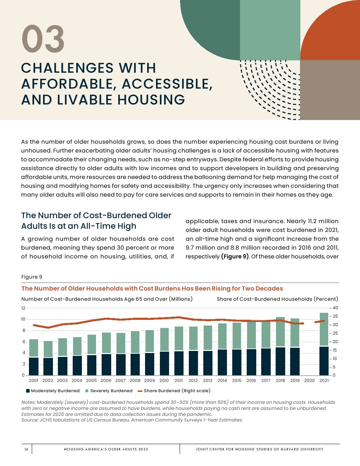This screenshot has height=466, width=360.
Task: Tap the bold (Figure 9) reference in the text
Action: (235, 256)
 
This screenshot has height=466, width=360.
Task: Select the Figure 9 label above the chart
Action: (31, 277)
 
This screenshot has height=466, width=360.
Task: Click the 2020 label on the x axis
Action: (309, 381)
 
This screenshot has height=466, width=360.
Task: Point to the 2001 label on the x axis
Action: (34, 381)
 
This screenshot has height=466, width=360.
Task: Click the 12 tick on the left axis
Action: (23, 308)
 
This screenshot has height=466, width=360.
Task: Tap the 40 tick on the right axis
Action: (335, 308)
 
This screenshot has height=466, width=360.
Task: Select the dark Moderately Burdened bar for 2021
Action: (324, 361)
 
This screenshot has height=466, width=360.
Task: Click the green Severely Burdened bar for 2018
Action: (280, 332)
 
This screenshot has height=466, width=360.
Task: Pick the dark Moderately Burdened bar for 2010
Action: (164, 363)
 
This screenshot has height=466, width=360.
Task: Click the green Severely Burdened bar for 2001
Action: (34, 348)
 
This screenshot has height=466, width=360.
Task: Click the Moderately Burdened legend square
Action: (28, 391)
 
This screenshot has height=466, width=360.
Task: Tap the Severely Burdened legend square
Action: (87, 391)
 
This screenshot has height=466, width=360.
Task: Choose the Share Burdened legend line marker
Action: (140, 391)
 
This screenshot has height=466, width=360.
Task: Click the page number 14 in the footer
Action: (26, 449)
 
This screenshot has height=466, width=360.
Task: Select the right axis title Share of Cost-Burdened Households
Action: (277, 299)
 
